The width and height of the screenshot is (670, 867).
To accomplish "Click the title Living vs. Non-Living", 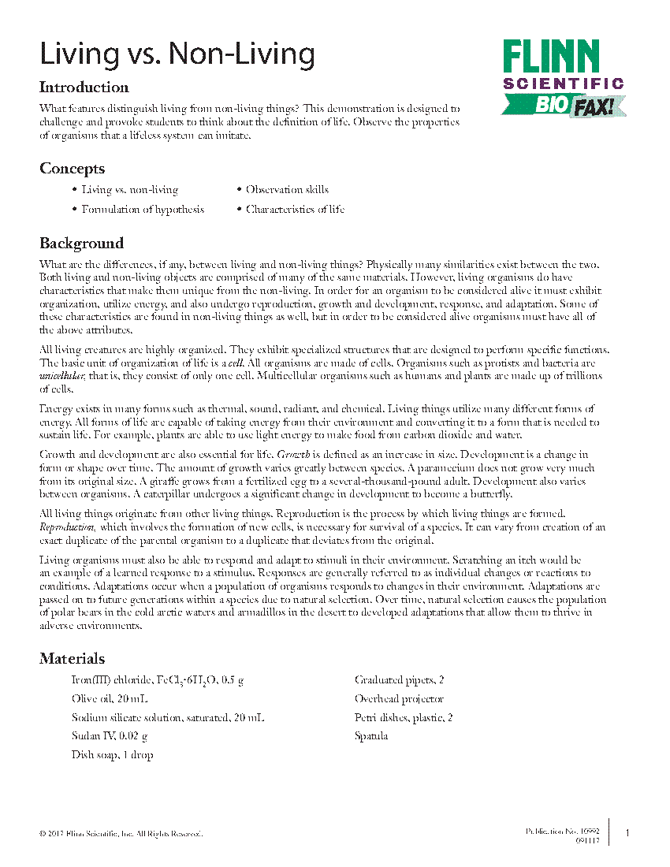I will (x=177, y=54).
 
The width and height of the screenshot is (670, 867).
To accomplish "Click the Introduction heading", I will (x=84, y=87).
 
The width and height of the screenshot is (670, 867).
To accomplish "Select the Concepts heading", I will (x=72, y=169).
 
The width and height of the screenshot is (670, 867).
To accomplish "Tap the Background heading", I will (x=81, y=243).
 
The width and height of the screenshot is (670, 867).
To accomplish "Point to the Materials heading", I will (x=72, y=658).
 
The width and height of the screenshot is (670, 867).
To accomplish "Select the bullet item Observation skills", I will (x=287, y=190).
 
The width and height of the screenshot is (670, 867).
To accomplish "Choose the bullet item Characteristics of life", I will (x=295, y=210).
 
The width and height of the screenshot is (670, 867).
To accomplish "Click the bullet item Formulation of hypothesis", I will (x=143, y=210).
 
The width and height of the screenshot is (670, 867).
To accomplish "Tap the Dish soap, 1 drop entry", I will (x=112, y=755).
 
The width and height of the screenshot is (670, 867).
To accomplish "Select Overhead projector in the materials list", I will (x=399, y=699).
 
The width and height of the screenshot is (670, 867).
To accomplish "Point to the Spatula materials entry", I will (x=371, y=736).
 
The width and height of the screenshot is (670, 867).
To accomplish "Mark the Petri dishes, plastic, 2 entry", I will (x=404, y=718).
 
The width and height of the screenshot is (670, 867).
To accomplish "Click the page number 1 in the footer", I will (x=627, y=833).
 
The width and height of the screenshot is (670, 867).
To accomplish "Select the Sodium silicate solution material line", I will (x=167, y=718).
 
